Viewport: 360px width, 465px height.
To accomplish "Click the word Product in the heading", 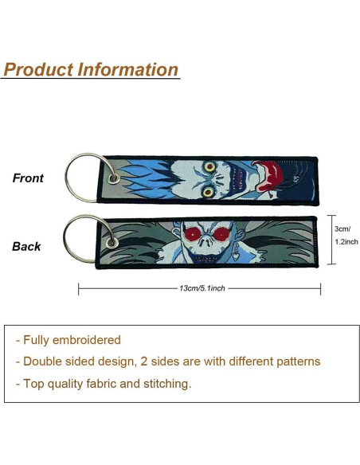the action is click(38, 70).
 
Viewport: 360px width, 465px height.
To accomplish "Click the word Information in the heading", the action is click(128, 69).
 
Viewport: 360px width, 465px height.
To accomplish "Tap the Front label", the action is click(28, 178).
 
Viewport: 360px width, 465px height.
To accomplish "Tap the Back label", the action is click(26, 247).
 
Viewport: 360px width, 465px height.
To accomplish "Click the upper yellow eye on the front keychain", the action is click(210, 167).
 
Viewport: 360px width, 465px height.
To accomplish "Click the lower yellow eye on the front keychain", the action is click(209, 191).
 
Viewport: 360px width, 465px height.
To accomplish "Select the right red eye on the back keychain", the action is click(221, 234).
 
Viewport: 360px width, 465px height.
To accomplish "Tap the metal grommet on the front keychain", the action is click(114, 178).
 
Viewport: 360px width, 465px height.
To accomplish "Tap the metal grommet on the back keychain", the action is click(112, 243).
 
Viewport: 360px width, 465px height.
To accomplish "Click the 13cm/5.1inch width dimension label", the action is click(202, 288).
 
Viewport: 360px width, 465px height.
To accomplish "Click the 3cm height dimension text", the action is click(342, 229).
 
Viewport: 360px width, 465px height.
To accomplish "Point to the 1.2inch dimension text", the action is click(346, 242).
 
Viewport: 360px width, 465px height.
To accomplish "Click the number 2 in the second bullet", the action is click(144, 361).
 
